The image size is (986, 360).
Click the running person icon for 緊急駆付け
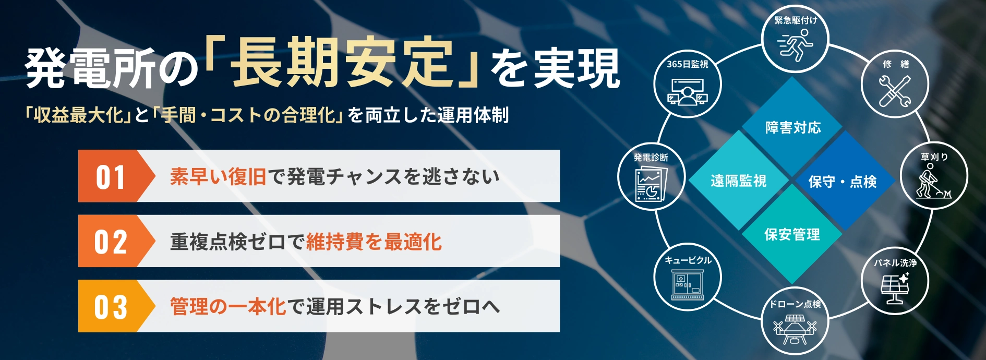pyautogui.click(x=795, y=44)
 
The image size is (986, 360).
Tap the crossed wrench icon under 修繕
pyautogui.click(x=895, y=91)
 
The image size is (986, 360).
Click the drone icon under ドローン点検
pyautogui.click(x=795, y=329)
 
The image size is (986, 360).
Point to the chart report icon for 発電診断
pyautogui.click(x=650, y=185)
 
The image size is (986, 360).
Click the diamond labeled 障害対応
pyautogui.click(x=793, y=127)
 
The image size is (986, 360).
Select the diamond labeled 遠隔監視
pyautogui.click(x=738, y=181)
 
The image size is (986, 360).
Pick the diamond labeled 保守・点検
pyautogui.click(x=842, y=182)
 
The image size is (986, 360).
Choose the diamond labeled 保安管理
pyautogui.click(x=792, y=235)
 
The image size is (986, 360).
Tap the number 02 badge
pyautogui.click(x=111, y=242)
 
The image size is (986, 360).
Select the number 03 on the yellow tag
pyautogui.click(x=111, y=307)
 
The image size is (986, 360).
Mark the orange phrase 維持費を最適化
pyautogui.click(x=374, y=242)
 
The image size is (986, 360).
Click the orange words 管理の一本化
pyautogui.click(x=228, y=307)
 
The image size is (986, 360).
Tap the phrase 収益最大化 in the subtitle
pyautogui.click(x=79, y=115)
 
